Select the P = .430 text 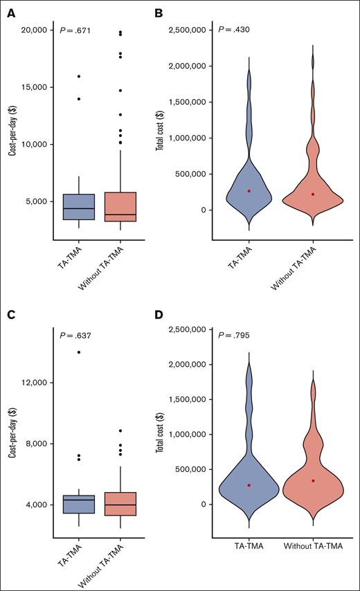coord(235,31)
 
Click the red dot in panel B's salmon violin coord(313,194)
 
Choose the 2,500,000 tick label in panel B coord(190,30)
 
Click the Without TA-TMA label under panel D coord(313,546)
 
